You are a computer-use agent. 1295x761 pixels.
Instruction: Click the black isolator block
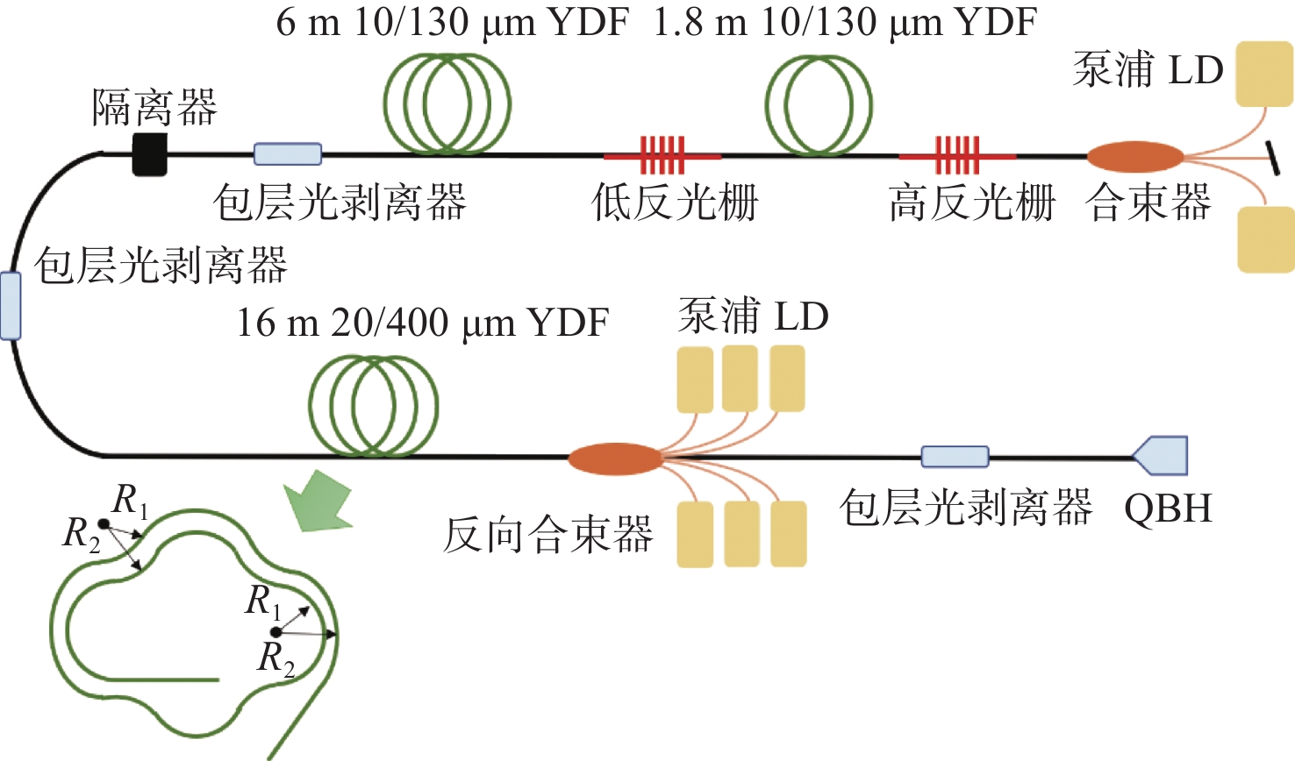coord(149,154)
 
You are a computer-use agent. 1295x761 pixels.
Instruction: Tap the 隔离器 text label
coord(154,108)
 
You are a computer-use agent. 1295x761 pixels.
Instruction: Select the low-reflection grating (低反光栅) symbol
coord(662,156)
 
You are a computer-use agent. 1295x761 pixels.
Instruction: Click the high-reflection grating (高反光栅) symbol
coord(956,156)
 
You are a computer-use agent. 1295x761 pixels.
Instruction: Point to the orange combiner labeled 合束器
coord(1134,157)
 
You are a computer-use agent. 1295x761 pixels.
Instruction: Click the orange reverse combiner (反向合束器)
coord(614,459)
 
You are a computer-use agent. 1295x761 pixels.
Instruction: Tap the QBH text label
coord(1168,509)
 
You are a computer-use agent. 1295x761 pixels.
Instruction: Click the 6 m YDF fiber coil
coord(447,103)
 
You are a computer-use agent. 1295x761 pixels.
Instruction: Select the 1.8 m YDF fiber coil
coord(819,105)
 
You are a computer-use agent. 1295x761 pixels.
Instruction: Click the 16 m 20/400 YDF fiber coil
coord(374,405)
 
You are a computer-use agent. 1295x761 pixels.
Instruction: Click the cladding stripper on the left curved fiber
coord(11,306)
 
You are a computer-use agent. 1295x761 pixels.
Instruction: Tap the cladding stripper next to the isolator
coord(288,154)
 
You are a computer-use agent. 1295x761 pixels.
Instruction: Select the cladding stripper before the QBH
coord(955,457)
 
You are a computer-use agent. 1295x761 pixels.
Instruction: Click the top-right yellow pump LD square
coord(1264,75)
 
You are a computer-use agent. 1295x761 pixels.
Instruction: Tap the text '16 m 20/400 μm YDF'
coord(422,324)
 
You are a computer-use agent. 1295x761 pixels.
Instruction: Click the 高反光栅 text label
coord(971,203)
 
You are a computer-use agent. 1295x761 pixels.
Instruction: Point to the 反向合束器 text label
coord(548,535)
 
